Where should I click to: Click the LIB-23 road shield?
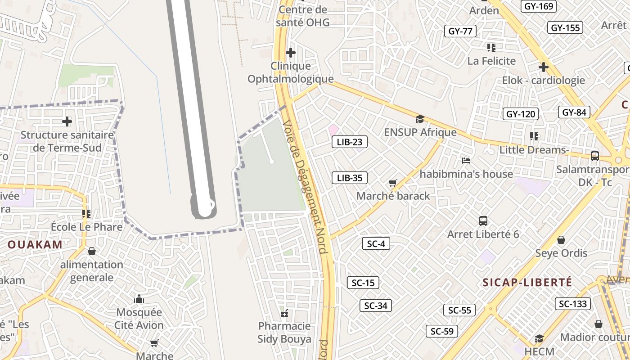point(349,142)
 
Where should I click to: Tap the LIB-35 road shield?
point(349,178)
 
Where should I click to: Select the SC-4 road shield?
point(376,244)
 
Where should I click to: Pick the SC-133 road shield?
point(573,304)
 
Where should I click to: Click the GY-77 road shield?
point(460,31)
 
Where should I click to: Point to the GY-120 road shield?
point(520,114)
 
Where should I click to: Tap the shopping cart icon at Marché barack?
point(392,183)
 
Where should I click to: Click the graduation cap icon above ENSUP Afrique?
point(420,119)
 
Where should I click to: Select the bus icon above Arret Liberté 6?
point(483,221)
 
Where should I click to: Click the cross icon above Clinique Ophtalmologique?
point(291,53)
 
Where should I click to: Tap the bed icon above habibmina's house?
point(466,160)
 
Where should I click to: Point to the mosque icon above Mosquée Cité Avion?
point(139,299)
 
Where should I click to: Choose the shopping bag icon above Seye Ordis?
point(561,240)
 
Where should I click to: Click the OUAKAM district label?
point(35,245)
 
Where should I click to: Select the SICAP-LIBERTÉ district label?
point(527,283)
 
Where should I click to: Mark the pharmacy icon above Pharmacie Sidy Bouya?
point(284,313)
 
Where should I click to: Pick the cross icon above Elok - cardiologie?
point(544,67)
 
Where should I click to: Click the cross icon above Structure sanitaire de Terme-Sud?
point(67,121)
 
